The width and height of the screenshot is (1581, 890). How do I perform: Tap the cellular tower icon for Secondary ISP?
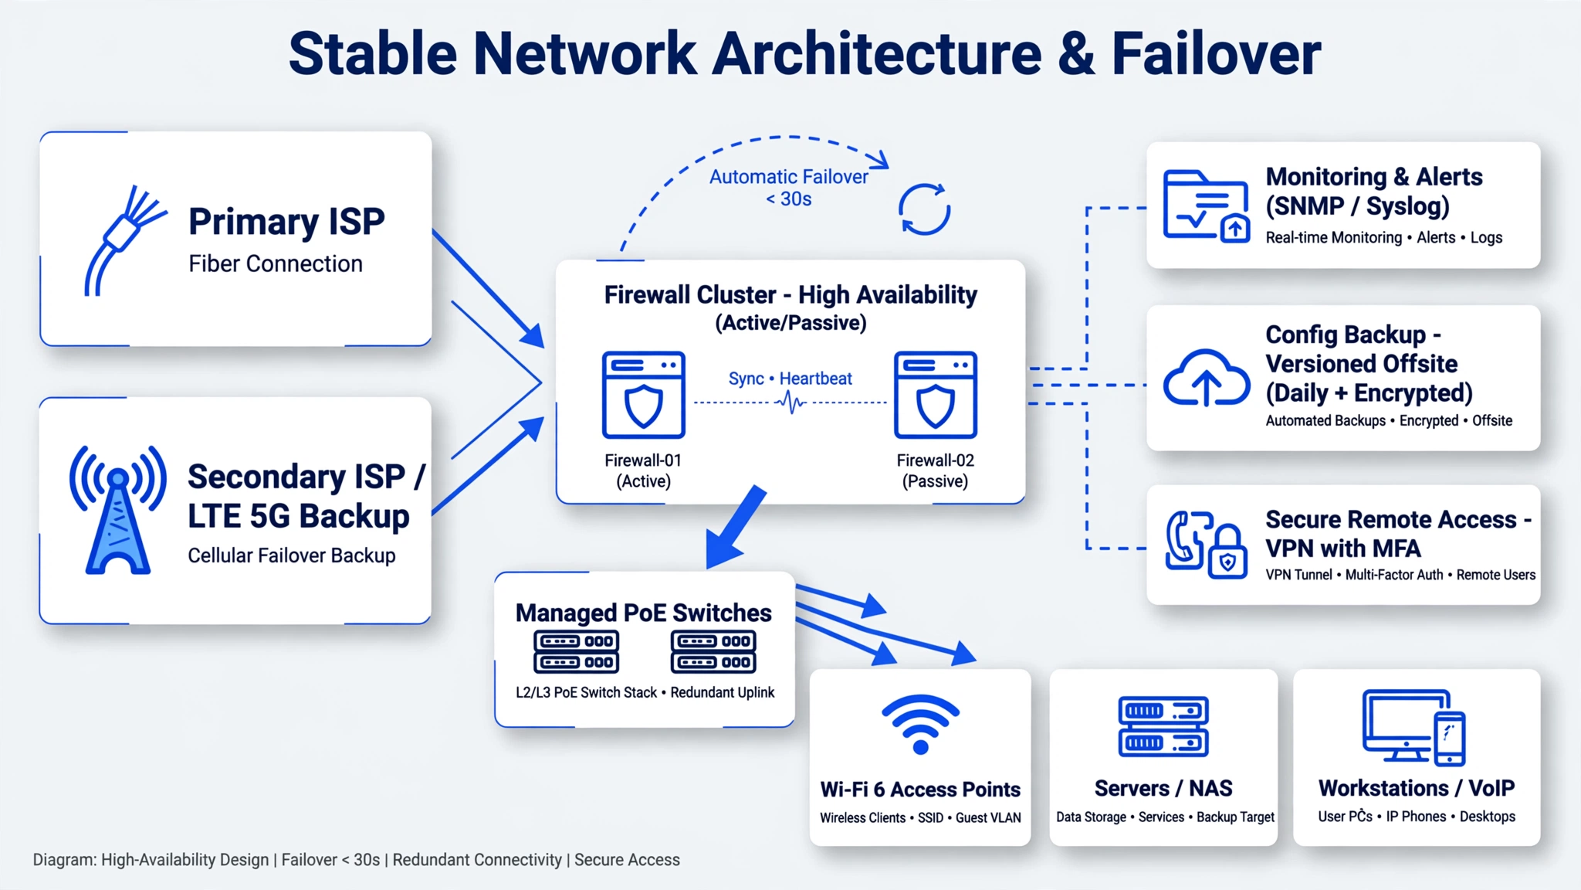[x=117, y=511]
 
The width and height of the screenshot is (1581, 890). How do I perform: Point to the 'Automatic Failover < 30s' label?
[x=788, y=188]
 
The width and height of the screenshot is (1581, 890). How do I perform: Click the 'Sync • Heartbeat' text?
[x=790, y=379]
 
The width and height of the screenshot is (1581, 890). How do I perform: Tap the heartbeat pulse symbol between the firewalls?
[x=790, y=402]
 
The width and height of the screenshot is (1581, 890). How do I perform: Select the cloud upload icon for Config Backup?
[x=1207, y=379]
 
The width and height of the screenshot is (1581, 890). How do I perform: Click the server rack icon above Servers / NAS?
[x=1163, y=725]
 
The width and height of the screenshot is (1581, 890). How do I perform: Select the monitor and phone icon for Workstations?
[x=1413, y=727]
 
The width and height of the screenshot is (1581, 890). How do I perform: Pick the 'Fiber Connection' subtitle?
[x=276, y=263]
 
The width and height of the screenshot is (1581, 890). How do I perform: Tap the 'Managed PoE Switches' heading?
[x=644, y=613]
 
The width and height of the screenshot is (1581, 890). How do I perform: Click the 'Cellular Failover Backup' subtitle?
[x=292, y=555]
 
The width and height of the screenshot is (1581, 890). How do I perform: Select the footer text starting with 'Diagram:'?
[x=357, y=860]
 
